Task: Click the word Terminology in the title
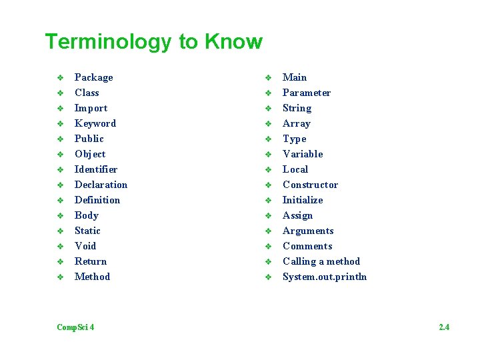click(109, 42)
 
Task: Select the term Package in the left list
click(93, 77)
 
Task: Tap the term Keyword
click(95, 123)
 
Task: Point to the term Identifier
click(95, 169)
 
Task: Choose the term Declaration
click(101, 185)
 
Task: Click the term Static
click(87, 231)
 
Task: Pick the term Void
click(85, 246)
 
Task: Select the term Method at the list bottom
click(92, 277)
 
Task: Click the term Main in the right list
click(295, 77)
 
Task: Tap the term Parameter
click(306, 93)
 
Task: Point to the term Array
click(296, 123)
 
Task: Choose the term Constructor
click(310, 185)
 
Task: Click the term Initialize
click(302, 200)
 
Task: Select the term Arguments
click(308, 231)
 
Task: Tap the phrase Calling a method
click(321, 261)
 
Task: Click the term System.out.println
click(325, 277)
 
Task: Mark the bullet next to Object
click(59, 154)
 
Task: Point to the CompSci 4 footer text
click(75, 327)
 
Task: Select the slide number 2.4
click(444, 327)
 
